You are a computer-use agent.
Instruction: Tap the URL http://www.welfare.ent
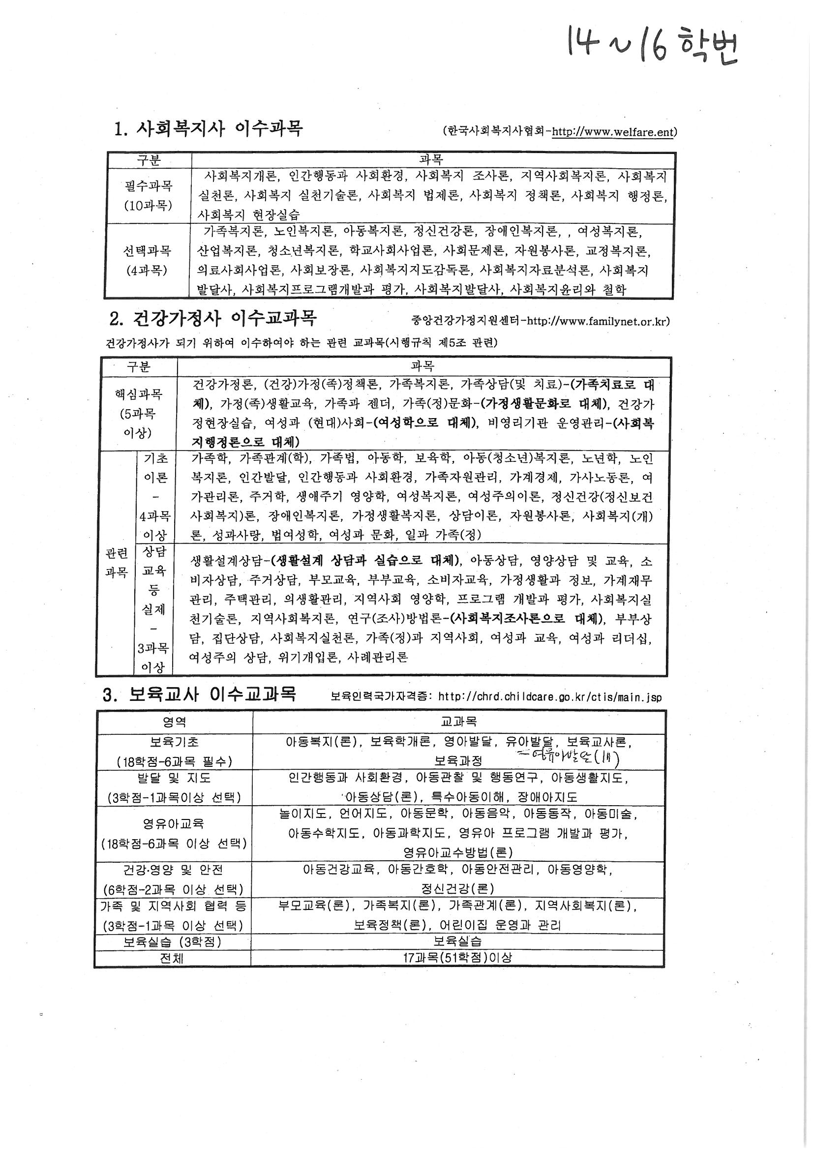[613, 132]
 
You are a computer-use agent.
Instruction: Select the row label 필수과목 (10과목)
[148, 195]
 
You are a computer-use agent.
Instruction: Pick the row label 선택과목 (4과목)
[147, 261]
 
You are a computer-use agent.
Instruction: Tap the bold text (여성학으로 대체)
[425, 423]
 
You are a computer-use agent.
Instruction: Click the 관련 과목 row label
[116, 563]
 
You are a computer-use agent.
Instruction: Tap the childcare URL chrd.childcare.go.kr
[549, 696]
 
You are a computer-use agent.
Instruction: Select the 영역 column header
[174, 722]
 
